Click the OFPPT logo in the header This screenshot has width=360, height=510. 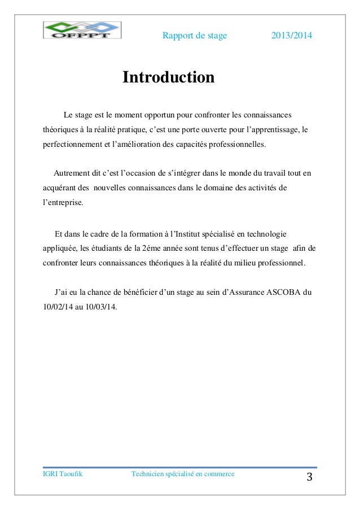coord(82,30)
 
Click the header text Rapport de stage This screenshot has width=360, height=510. coord(195,36)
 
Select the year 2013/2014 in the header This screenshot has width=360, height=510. coord(292,36)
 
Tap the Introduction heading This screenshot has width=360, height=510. coord(169,77)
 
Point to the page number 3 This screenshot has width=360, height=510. coord(309,478)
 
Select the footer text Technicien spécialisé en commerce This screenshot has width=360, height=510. coord(182,474)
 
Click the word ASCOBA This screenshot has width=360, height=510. coord(284,293)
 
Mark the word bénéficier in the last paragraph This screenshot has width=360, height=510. coord(138,293)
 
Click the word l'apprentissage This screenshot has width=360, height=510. coord(271,130)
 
